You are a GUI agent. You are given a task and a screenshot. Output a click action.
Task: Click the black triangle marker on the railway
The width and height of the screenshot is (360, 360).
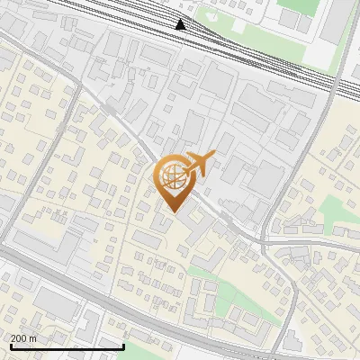coord(181,24)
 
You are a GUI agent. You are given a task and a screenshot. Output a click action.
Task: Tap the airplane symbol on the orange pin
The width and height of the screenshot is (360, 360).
coord(200,164)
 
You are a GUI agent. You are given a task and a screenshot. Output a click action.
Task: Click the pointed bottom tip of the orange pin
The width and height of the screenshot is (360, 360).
coord(173,211)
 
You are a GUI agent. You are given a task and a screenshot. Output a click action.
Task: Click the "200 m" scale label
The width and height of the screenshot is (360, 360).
coord(24,338)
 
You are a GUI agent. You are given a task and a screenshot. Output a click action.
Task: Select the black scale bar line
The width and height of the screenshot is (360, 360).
coord(67,346)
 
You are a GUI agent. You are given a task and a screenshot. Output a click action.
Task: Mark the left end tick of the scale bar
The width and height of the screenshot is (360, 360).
coord(11,345)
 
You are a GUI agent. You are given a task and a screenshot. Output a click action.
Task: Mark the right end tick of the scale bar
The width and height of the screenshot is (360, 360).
coord(123,345)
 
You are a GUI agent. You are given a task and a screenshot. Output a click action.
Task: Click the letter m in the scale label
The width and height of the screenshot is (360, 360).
coord(33,338)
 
